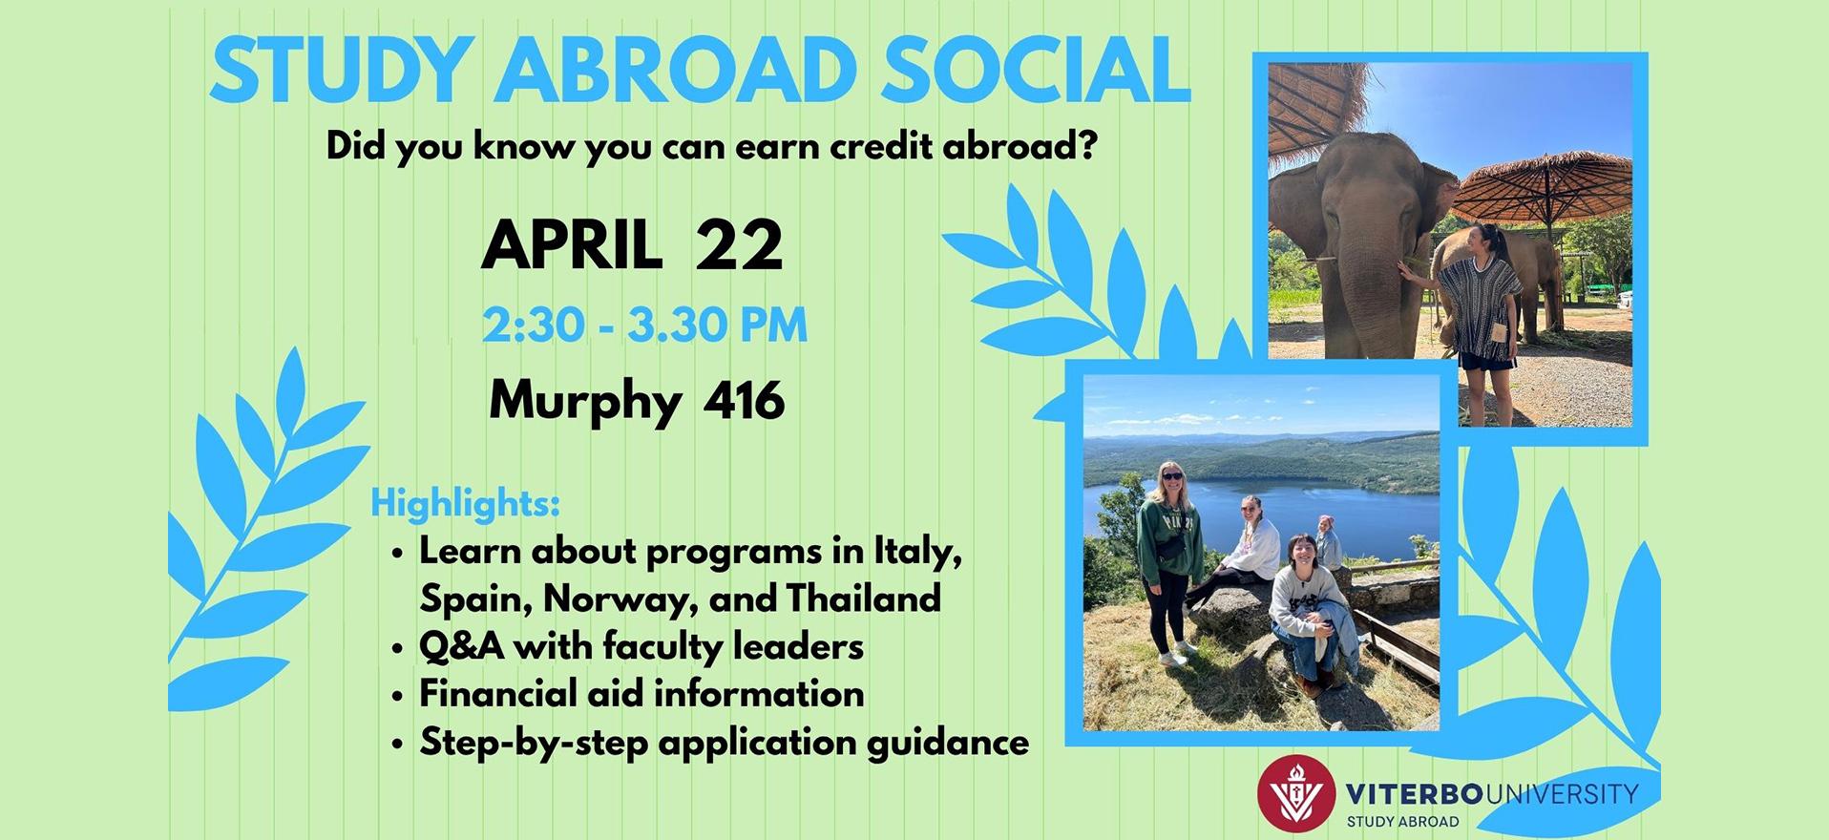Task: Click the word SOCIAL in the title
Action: tap(1035, 71)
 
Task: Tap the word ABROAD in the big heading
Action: tap(673, 71)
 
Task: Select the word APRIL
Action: tap(572, 246)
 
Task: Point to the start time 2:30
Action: tap(534, 325)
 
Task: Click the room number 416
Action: tap(744, 400)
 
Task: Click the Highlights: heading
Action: tap(465, 503)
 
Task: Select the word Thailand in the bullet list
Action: tap(863, 598)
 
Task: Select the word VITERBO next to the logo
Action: tap(1402, 792)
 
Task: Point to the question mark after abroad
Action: tap(1087, 148)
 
